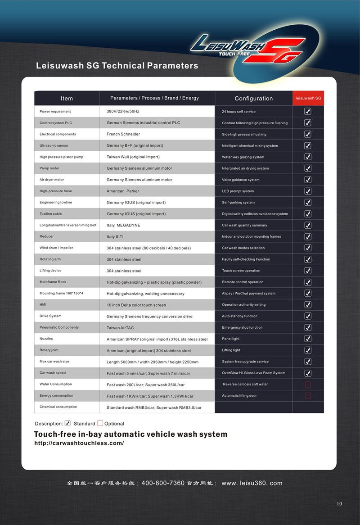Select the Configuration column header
(x=253, y=98)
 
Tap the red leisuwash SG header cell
(x=308, y=98)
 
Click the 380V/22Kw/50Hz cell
(x=123, y=111)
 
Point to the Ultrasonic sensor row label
(x=54, y=145)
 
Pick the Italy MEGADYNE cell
(x=123, y=225)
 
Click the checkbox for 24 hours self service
(x=308, y=111)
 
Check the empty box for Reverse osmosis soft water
(x=308, y=385)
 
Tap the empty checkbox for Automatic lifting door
(x=308, y=396)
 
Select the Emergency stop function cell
(x=242, y=327)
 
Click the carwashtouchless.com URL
(x=79, y=443)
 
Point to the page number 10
(x=339, y=503)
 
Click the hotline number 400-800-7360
(x=163, y=483)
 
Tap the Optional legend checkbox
(x=100, y=423)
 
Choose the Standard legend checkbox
(x=67, y=423)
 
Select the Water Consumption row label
(x=56, y=384)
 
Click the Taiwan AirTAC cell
(x=120, y=328)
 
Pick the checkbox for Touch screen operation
(x=308, y=271)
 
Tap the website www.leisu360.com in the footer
(x=252, y=483)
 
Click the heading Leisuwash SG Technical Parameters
(x=117, y=66)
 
